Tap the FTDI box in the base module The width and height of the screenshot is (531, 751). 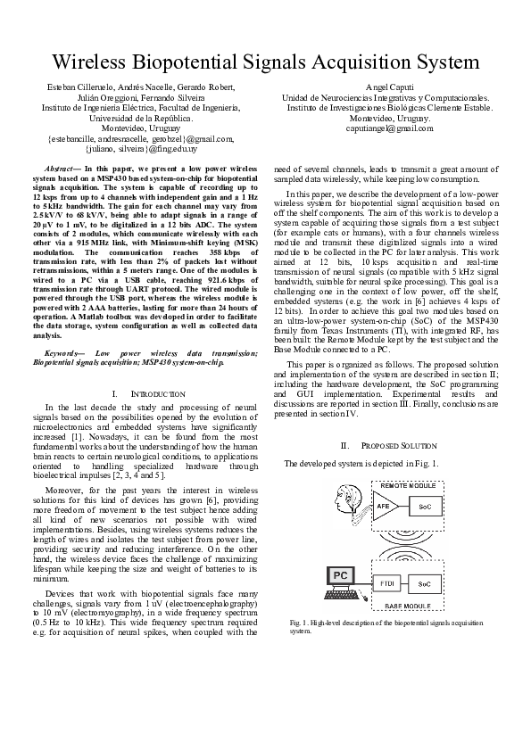click(x=386, y=582)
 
